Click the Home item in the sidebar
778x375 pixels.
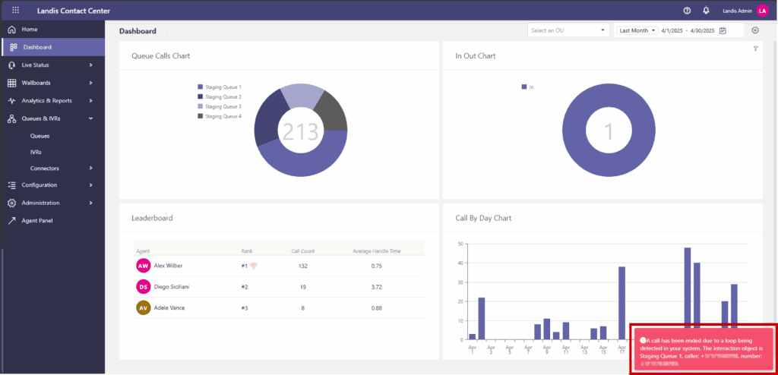click(30, 29)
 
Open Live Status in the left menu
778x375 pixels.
click(35, 65)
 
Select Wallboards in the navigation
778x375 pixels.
click(36, 82)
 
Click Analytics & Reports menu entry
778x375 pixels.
click(46, 100)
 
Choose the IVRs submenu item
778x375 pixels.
click(36, 152)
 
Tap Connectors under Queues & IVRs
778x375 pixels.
click(44, 168)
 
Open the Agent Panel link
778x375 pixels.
click(37, 220)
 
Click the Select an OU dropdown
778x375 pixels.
click(569, 30)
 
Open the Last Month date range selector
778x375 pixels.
click(637, 30)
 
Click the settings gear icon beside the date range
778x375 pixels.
click(755, 30)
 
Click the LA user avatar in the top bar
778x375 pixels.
click(762, 10)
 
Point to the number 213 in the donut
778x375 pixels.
click(300, 131)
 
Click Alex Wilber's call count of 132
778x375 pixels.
click(302, 266)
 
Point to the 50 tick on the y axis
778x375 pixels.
click(460, 244)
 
